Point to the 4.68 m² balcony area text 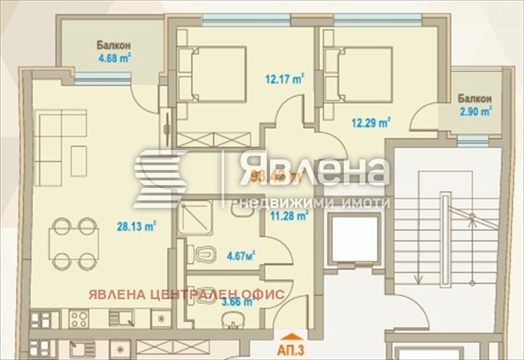click(x=113, y=58)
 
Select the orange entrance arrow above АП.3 click(x=291, y=336)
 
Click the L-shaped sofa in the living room click(x=61, y=143)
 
